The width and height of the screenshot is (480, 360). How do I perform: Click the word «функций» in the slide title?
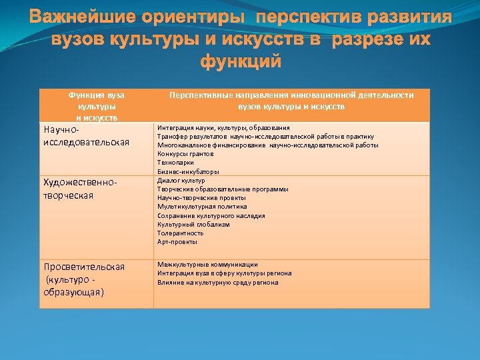[240, 62]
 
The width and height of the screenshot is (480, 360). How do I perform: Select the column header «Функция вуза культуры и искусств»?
[97, 106]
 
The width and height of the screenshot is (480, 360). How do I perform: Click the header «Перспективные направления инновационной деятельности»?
[291, 95]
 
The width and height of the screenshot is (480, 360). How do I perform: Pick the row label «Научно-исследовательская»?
[86, 137]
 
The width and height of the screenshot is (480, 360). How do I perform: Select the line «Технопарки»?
[176, 162]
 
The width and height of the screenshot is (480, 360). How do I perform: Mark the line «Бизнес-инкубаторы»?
[188, 171]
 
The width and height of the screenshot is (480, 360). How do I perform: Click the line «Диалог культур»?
[181, 180]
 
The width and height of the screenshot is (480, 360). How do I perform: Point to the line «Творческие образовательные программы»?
[223, 189]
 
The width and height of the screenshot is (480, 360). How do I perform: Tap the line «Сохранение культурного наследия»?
[211, 215]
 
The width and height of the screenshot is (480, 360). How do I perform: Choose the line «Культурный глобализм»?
[193, 224]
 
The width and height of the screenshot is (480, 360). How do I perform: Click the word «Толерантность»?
[180, 233]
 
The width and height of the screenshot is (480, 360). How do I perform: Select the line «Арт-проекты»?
[177, 242]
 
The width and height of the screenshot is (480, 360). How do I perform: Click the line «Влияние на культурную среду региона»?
[217, 282]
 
